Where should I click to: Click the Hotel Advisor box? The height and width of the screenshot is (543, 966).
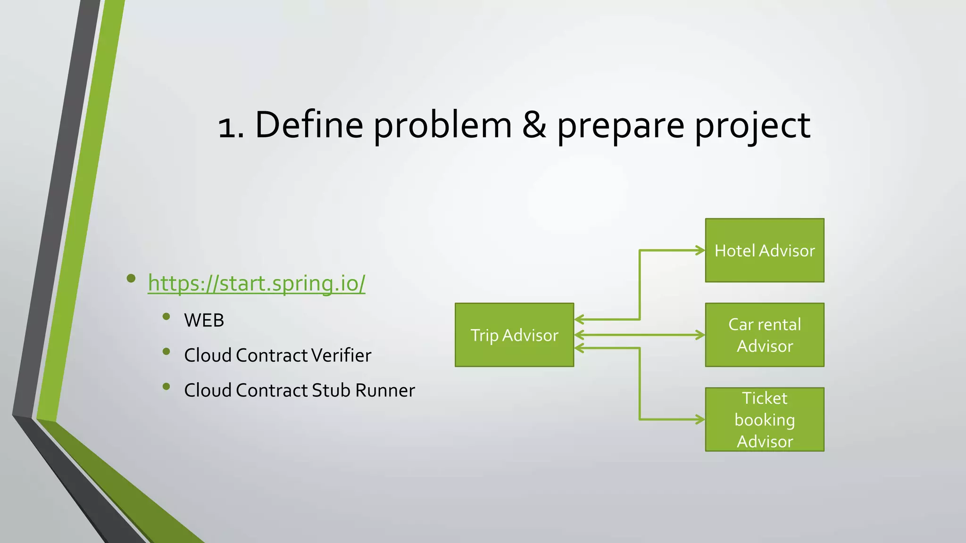tap(764, 250)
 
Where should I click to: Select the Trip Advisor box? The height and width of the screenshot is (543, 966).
tap(514, 335)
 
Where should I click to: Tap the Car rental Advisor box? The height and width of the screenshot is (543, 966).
tap(764, 335)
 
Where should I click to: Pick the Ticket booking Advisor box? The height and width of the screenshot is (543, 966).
tap(764, 420)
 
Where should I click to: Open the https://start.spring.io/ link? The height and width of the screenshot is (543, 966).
tap(256, 283)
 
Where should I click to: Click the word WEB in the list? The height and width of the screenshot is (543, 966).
tap(204, 321)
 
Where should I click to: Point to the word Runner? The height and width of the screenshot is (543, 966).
tap(385, 390)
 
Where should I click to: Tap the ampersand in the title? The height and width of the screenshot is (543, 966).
tap(534, 125)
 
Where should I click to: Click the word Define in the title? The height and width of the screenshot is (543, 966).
tap(309, 125)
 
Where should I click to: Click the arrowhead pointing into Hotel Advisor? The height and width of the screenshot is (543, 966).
tap(700, 250)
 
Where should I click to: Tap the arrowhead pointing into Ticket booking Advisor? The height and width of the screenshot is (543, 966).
tap(700, 420)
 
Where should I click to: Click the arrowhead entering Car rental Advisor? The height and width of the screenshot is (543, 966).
tap(700, 335)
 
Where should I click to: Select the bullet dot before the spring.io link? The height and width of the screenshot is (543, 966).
tap(131, 279)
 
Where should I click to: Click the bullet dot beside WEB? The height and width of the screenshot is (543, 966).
tap(166, 317)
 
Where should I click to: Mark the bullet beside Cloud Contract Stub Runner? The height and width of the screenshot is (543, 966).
tap(166, 387)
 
